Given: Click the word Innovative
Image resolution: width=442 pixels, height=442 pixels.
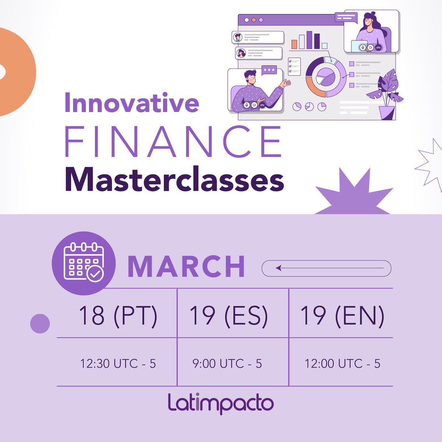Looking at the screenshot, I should click(x=131, y=103).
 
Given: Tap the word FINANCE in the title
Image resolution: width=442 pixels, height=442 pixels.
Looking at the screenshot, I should click(x=173, y=142).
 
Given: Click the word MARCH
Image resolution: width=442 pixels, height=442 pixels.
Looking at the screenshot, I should click(x=186, y=266).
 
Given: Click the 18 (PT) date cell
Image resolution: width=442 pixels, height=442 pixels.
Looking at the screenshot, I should click(x=118, y=316).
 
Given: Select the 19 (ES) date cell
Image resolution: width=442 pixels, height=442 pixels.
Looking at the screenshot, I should click(x=228, y=316).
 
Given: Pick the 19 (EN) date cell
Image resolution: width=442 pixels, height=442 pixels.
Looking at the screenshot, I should click(x=342, y=316).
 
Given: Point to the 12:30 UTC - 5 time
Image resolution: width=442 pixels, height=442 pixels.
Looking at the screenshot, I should click(x=118, y=364).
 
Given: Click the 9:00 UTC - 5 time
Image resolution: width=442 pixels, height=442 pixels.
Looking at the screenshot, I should click(x=227, y=364).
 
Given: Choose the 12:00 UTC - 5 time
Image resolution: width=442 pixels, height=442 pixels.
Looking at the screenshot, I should click(x=342, y=364).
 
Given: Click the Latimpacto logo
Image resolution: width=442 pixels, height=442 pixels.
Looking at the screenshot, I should click(x=221, y=403).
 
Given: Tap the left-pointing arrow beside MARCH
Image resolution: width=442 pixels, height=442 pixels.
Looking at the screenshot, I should click(x=326, y=268).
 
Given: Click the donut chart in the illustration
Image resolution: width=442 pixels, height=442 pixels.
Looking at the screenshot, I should click(x=326, y=77).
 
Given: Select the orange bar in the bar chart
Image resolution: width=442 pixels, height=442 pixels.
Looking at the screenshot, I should click(x=294, y=45).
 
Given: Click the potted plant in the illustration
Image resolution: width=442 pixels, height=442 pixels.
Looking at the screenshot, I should click(x=386, y=95).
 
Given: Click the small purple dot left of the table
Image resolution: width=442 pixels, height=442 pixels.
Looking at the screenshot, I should click(x=40, y=324).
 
